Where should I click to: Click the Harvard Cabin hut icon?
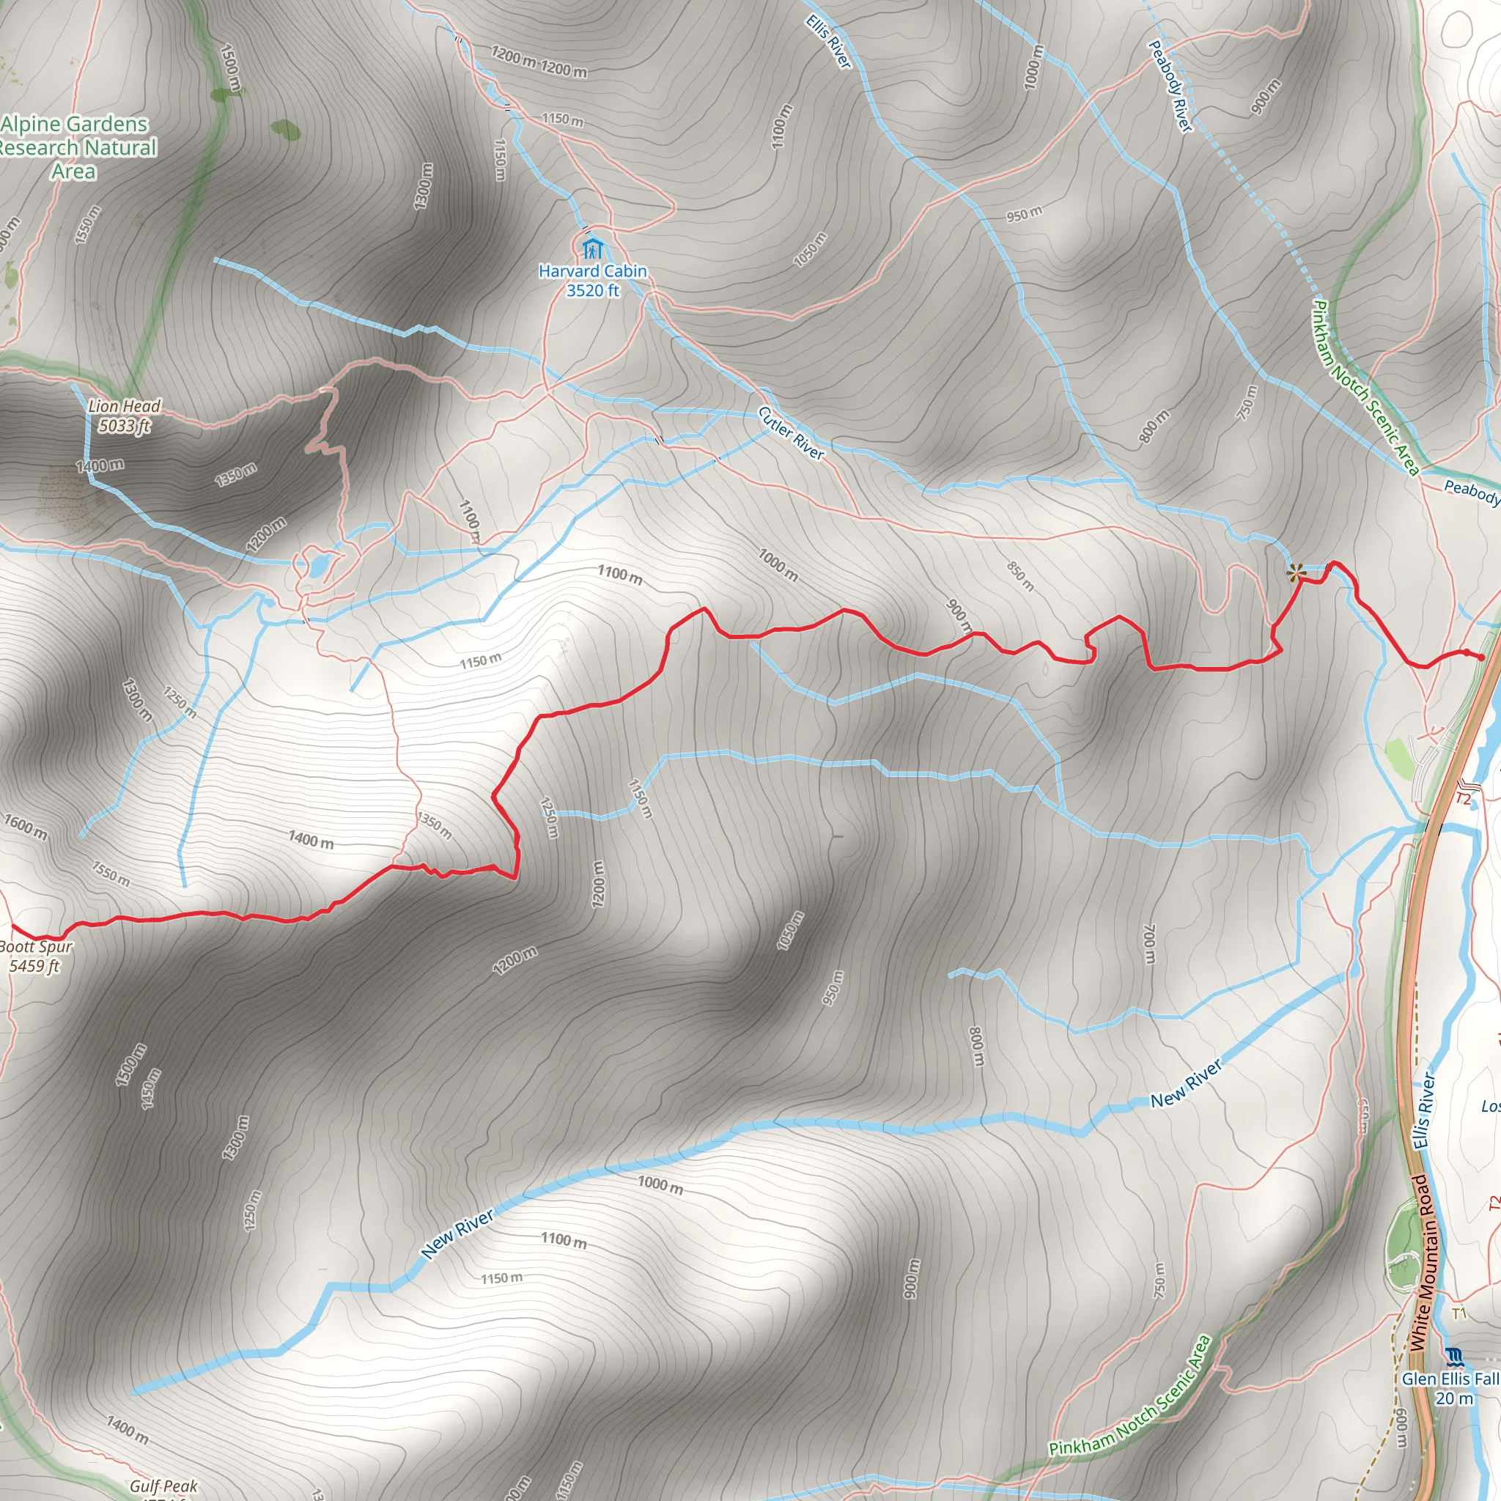(x=592, y=249)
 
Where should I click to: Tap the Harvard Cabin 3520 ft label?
(x=593, y=281)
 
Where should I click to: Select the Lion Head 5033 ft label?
(x=124, y=416)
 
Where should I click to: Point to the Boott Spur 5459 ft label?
(x=35, y=956)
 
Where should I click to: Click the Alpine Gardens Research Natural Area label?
(x=75, y=147)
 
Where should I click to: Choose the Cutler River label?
(x=791, y=432)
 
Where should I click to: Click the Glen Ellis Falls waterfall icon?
(x=1454, y=1357)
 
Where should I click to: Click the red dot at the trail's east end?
(x=1481, y=657)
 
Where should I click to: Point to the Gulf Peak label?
(x=163, y=1486)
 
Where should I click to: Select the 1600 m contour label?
(x=26, y=827)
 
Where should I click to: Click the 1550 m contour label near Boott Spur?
(x=111, y=873)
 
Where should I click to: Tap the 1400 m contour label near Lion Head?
(x=100, y=466)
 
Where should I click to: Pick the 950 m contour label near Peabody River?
(x=1024, y=214)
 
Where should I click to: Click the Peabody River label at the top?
(x=1170, y=86)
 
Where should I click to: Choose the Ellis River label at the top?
(x=828, y=42)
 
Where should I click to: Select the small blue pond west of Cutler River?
(x=318, y=565)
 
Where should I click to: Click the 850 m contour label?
(x=1020, y=575)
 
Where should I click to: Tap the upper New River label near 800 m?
(x=1186, y=1084)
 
